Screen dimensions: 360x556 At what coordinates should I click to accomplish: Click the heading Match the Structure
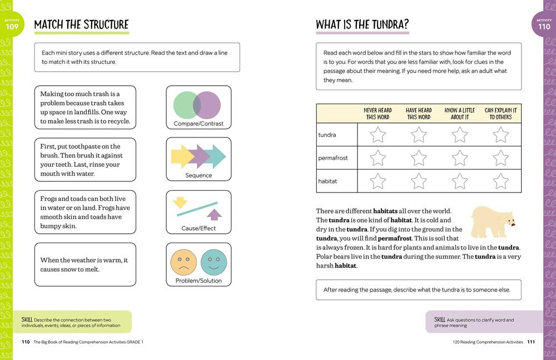[81, 25]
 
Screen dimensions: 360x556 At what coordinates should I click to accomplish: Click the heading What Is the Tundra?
[362, 25]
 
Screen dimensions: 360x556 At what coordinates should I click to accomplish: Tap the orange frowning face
[183, 262]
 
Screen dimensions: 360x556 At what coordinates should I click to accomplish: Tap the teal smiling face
[214, 262]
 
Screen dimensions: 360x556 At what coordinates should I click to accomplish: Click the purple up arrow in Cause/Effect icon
[214, 214]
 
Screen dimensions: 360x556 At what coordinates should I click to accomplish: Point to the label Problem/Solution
[198, 280]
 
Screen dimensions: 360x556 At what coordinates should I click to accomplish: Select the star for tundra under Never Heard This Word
[378, 135]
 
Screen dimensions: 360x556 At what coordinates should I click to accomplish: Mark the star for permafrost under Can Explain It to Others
[501, 158]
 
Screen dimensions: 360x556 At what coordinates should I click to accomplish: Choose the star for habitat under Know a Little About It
[460, 181]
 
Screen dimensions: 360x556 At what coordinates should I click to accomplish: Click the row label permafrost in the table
[333, 158]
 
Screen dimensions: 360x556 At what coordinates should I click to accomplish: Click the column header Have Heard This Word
[419, 114]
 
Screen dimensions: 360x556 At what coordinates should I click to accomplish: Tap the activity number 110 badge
[544, 24]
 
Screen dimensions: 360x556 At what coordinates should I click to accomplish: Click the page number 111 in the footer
[530, 342]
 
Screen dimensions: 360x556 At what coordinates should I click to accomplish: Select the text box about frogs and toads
[85, 212]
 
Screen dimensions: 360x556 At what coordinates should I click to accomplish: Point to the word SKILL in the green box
[27, 319]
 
